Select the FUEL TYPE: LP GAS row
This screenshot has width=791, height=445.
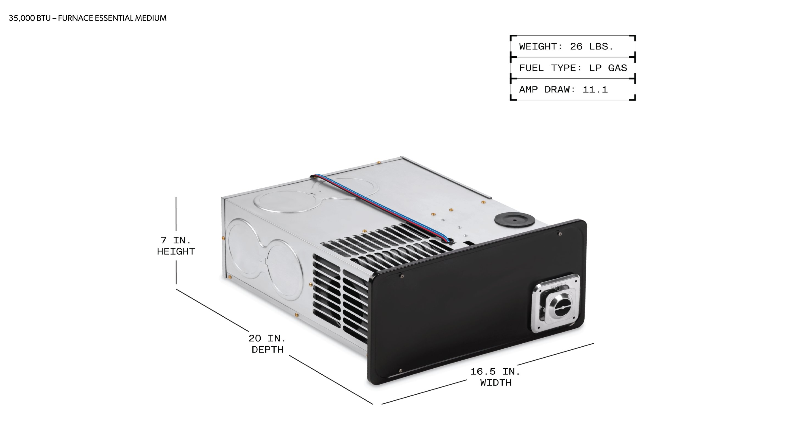click(573, 68)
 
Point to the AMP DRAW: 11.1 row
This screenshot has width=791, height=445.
click(563, 90)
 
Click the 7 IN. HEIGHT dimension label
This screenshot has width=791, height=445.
click(176, 246)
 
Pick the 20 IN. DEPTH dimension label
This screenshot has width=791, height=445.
click(267, 344)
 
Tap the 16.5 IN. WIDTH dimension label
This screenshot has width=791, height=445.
click(495, 377)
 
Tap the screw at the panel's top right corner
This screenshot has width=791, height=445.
click(560, 234)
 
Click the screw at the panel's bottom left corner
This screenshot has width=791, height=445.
click(400, 371)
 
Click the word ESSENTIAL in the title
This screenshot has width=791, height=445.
click(114, 18)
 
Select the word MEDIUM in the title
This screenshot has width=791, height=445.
click(151, 18)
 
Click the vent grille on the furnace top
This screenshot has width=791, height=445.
click(384, 246)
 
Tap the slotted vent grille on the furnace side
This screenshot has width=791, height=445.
click(339, 295)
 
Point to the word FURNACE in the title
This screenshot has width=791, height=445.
click(76, 18)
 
